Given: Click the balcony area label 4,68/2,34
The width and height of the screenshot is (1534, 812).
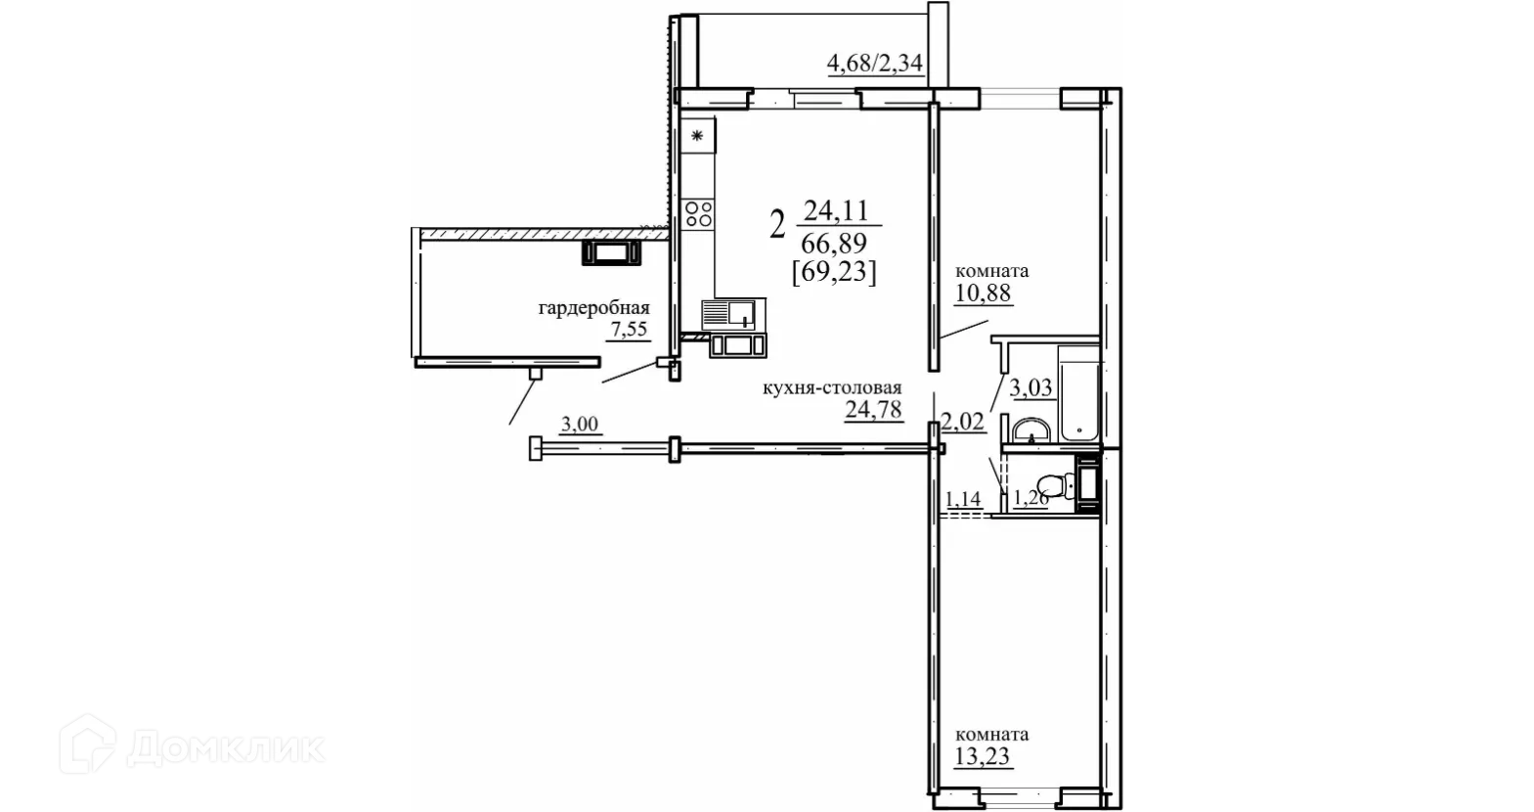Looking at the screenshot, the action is tap(875, 64).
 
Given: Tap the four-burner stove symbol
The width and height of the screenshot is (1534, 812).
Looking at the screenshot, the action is tap(698, 214).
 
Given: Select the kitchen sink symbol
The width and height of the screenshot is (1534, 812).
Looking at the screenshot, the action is tap(733, 314).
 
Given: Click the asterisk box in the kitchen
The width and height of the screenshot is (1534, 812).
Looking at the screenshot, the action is tap(698, 136).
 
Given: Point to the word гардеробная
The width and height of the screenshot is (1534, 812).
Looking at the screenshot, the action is tap(593, 308).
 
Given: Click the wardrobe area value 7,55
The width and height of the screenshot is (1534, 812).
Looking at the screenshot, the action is tap(630, 330).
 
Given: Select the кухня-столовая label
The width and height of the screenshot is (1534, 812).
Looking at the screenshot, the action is tap(832, 387).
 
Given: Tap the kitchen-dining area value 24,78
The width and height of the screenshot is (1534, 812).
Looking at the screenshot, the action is tap(873, 409).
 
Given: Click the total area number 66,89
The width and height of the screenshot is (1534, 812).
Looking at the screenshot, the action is tap(834, 243).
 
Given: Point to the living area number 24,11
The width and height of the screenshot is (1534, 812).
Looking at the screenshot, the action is tap(836, 210).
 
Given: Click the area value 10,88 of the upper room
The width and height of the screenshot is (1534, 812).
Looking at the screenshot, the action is tap(983, 293).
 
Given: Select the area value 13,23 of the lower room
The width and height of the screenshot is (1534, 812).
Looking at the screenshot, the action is tap(982, 756).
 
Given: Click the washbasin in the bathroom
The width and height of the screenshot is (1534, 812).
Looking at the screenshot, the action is tap(1031, 431).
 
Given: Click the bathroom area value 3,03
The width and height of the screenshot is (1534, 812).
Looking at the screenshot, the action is tap(1030, 387).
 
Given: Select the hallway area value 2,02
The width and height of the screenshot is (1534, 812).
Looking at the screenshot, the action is tap(963, 422).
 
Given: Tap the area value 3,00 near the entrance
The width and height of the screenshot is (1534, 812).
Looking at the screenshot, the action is tap(580, 425).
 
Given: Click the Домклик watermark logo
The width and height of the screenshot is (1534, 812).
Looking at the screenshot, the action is tap(192, 744).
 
